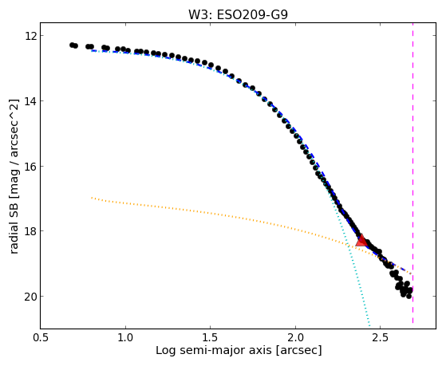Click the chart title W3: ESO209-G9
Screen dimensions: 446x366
(x=238, y=14)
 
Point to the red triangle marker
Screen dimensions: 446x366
(x=361, y=241)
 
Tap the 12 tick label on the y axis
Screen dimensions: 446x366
(x=30, y=36)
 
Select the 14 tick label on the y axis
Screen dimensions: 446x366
(x=30, y=101)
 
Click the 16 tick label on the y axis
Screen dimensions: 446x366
(x=30, y=166)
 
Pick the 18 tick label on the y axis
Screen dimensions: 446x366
(x=30, y=231)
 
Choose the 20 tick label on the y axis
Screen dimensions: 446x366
(x=30, y=297)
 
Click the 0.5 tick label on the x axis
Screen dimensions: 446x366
(x=41, y=337)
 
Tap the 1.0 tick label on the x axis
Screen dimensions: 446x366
(x=125, y=337)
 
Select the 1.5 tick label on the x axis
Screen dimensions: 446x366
(x=211, y=337)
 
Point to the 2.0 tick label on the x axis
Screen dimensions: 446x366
(x=295, y=337)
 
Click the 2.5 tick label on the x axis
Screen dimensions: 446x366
(x=381, y=337)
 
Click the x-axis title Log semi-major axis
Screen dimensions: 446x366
(x=213, y=350)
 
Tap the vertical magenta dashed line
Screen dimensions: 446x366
(x=412, y=173)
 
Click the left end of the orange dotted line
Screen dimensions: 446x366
(x=92, y=198)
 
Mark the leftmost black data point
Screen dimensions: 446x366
(x=72, y=45)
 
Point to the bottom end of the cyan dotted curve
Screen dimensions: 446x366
(x=369, y=326)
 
